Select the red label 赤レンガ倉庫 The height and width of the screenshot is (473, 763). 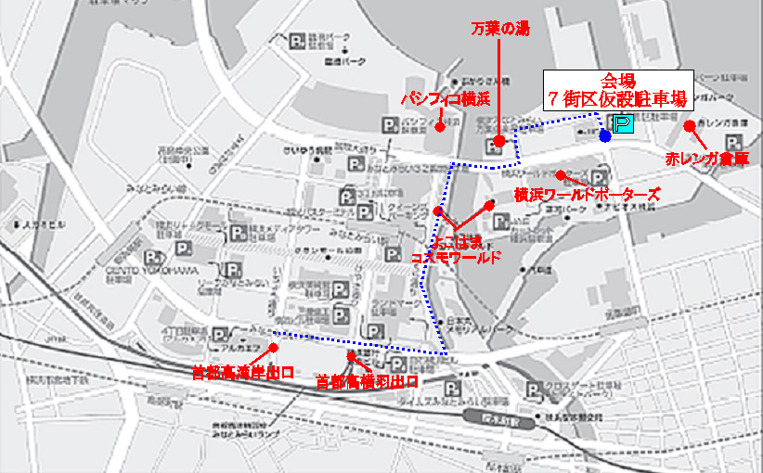coord(707,159)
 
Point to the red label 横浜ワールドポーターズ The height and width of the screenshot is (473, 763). coord(588,195)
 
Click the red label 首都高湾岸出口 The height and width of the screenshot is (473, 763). coord(242,373)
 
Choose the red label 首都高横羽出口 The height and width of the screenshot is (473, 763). coord(367,380)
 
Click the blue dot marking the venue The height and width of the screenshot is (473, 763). coord(605,136)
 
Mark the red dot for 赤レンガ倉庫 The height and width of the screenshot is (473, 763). coord(689,126)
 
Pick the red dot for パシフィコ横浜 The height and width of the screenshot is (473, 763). coord(440,127)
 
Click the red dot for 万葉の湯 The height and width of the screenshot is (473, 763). coord(499,141)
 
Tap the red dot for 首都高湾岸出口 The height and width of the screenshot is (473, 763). coord(274,348)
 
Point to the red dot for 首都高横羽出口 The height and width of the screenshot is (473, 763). coord(351,356)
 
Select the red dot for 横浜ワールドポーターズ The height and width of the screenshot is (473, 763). coord(562,174)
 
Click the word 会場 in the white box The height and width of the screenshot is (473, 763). coord(617,80)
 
